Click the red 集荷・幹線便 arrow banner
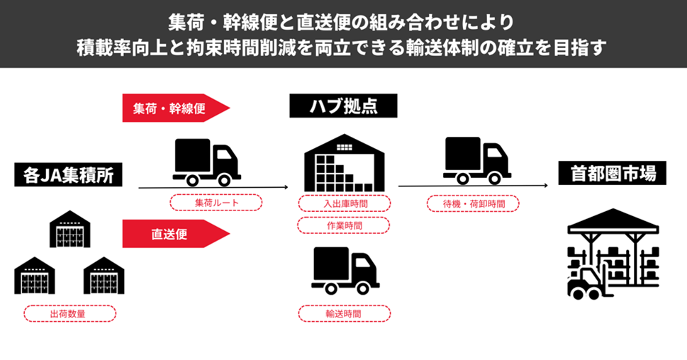click(174, 108)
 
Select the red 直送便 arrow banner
click(174, 234)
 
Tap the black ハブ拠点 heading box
click(343, 106)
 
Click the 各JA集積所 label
click(68, 174)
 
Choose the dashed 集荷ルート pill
click(216, 203)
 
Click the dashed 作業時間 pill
click(343, 225)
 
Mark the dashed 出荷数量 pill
click(69, 313)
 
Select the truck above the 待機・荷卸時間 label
click(477, 160)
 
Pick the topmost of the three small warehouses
click(69, 229)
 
